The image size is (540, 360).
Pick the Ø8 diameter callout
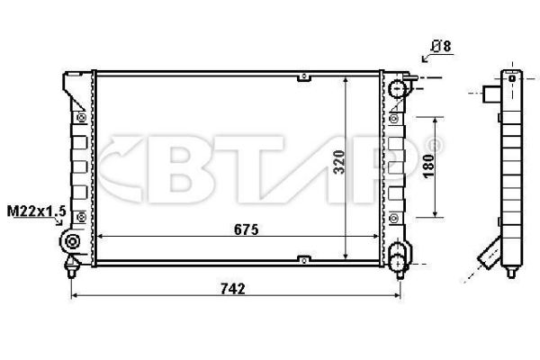point(442,44)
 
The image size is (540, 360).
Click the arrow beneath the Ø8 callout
point(427,58)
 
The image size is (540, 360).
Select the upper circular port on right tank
point(399,88)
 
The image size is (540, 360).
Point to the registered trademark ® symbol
point(436,144)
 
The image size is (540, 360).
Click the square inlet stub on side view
point(491,93)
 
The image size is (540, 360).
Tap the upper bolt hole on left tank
point(82,116)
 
